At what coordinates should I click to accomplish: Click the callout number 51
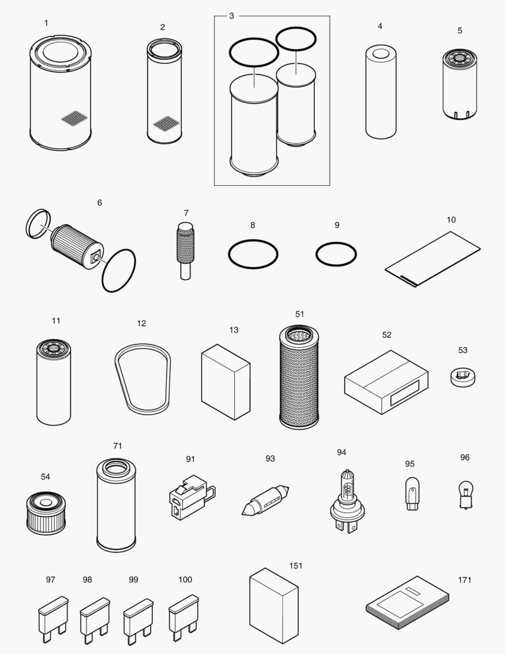[300, 314]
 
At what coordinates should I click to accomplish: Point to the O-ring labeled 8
[253, 254]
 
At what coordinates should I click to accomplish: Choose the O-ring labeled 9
[336, 254]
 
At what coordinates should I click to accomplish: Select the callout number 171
[464, 580]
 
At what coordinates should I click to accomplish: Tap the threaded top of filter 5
[460, 59]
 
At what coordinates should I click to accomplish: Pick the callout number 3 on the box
[231, 16]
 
